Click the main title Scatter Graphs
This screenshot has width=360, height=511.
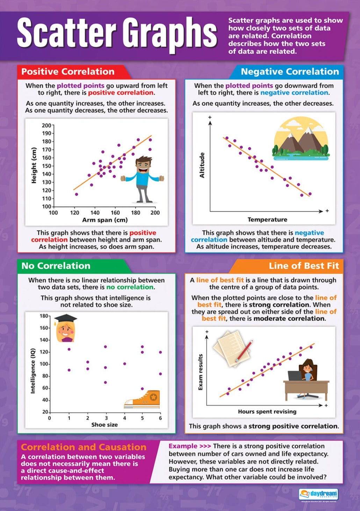(117, 33)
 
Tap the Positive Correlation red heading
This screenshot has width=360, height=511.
(68, 72)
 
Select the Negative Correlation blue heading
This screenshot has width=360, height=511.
(290, 72)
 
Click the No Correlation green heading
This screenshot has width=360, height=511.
(56, 266)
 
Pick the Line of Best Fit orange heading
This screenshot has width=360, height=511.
(304, 266)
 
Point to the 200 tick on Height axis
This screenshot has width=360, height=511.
(46, 125)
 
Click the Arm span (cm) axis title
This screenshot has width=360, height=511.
(105, 220)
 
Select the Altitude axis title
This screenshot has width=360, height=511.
(202, 165)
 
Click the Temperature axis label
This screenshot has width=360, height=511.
(267, 219)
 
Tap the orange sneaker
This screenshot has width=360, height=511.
(143, 400)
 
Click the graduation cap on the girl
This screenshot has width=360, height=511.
(66, 319)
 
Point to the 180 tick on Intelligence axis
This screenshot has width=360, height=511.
(44, 316)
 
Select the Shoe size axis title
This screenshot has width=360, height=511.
(104, 425)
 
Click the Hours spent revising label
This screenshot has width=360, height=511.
(267, 411)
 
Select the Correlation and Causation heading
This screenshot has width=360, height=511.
(84, 447)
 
